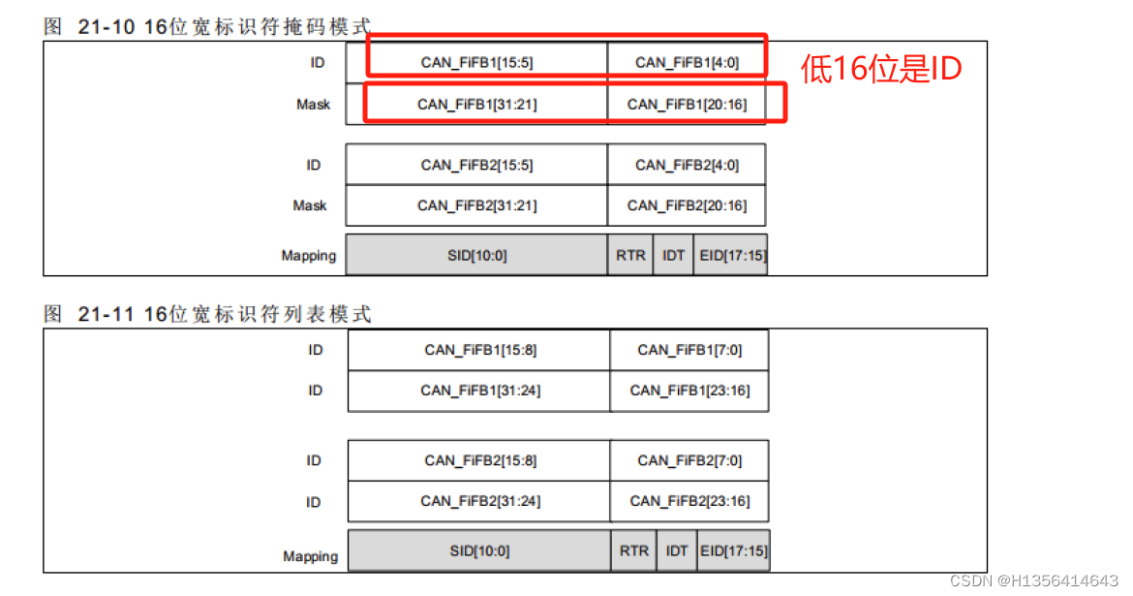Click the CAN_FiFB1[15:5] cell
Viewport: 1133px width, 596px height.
coord(476,63)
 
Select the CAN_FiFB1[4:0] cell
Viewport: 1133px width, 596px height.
coord(687,63)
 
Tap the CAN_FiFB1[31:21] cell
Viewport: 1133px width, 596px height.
coord(476,104)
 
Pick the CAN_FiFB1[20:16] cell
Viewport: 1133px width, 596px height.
coord(687,104)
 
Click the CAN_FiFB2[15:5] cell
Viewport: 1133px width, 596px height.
coord(476,165)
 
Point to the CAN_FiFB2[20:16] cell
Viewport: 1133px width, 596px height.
coord(687,205)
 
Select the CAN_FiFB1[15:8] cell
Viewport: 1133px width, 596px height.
coord(479,350)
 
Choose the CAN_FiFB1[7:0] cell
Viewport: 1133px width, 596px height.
coord(689,350)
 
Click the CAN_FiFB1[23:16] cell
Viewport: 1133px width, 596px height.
coord(689,391)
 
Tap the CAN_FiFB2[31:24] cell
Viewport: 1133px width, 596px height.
coord(479,501)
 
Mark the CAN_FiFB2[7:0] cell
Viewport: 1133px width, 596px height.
coord(689,460)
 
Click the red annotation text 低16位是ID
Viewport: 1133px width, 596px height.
coord(880,68)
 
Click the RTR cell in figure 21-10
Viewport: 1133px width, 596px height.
coord(630,256)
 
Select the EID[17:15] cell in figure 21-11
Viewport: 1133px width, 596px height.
coord(734,550)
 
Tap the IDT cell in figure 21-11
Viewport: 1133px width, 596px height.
coord(677,550)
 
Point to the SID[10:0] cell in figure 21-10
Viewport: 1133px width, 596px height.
coord(476,256)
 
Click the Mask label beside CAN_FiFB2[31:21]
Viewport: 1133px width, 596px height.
coord(310,205)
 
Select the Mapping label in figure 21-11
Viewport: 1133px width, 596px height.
coord(310,556)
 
